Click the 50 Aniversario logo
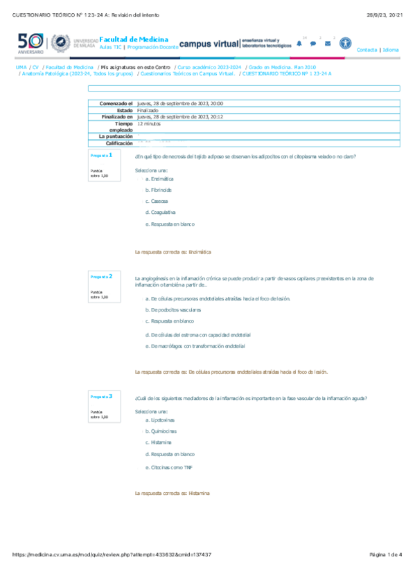[x=30, y=43]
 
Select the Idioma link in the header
[x=391, y=50]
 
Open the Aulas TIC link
[x=112, y=49]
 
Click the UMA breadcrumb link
[x=21, y=67]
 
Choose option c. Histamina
[x=159, y=442]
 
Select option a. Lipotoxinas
[x=160, y=419]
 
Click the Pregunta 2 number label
[x=101, y=276]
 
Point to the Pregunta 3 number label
[x=101, y=396]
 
